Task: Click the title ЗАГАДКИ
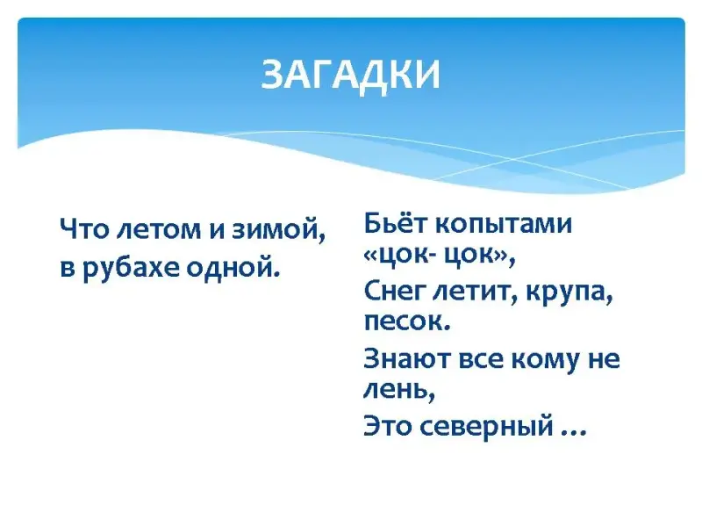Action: tap(350, 76)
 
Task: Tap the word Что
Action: tap(84, 229)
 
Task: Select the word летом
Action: tap(160, 230)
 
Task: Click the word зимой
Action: tap(278, 230)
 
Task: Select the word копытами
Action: tap(504, 225)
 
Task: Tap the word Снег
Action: tap(396, 292)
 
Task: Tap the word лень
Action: tap(399, 391)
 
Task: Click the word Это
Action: tap(388, 425)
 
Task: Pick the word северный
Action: tap(488, 426)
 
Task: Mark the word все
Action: tap(481, 360)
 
